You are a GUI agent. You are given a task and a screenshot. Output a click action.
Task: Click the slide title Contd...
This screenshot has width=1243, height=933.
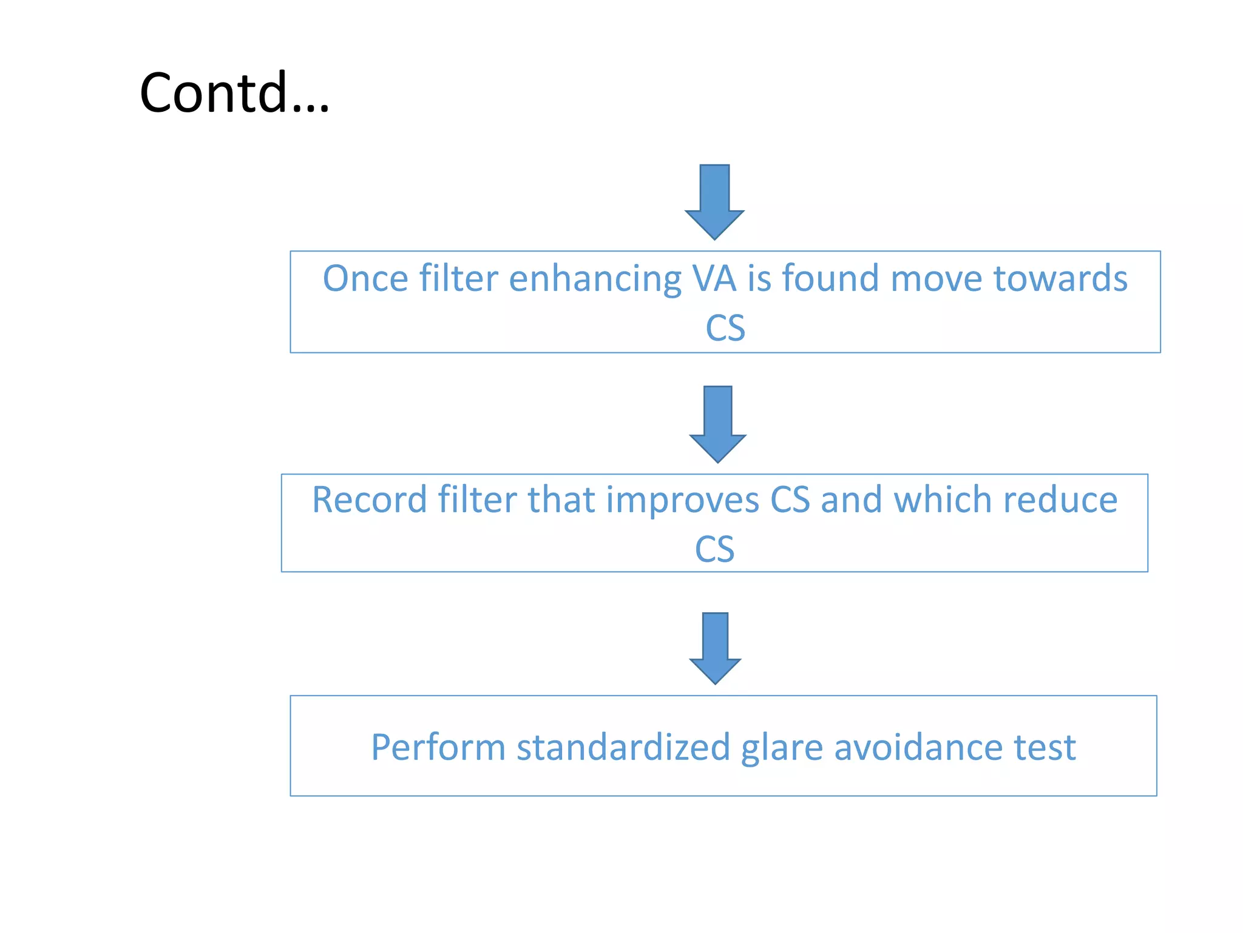[x=234, y=93]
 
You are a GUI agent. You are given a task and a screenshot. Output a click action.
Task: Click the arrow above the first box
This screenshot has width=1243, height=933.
[x=714, y=201]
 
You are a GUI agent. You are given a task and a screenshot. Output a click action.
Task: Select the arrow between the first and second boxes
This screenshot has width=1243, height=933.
[x=717, y=423]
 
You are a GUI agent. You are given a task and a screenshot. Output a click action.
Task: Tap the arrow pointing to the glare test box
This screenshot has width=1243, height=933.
[x=715, y=648]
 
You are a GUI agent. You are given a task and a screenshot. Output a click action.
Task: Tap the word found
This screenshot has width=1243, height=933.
[x=830, y=279]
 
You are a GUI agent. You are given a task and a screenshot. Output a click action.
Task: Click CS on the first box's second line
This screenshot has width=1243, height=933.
[x=725, y=329]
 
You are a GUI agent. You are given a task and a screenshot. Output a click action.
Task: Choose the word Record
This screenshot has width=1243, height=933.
[x=370, y=500]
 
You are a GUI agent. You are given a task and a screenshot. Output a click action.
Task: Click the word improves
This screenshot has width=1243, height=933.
[x=682, y=501]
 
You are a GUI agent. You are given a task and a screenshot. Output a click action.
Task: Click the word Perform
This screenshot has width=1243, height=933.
[x=438, y=748]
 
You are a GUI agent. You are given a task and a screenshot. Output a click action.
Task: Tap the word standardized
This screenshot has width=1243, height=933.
[x=623, y=748]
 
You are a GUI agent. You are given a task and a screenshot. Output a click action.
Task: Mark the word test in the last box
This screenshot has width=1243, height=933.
[x=1045, y=748]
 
